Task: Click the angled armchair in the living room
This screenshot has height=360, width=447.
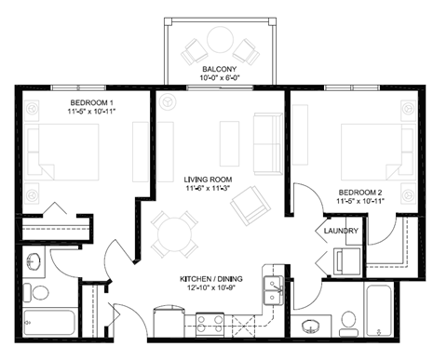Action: (251, 204)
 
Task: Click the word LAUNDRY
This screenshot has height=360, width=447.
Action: (342, 232)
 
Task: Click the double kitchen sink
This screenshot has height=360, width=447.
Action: (274, 287)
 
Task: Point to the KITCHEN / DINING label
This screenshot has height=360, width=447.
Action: (216, 278)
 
